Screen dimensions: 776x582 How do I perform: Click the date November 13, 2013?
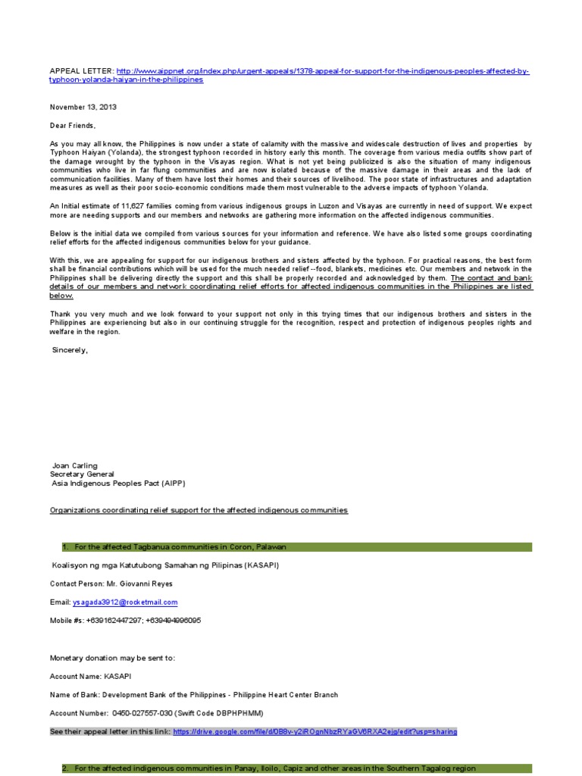pyautogui.click(x=83, y=107)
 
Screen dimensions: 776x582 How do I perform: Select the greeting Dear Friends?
pyautogui.click(x=74, y=125)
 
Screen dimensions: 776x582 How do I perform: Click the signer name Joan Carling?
pyautogui.click(x=74, y=465)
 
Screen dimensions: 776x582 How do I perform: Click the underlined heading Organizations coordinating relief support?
pyautogui.click(x=199, y=511)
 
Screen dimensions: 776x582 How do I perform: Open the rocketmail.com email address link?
pyautogui.click(x=125, y=602)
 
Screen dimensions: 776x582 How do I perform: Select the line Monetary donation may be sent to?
pyautogui.click(x=112, y=658)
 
